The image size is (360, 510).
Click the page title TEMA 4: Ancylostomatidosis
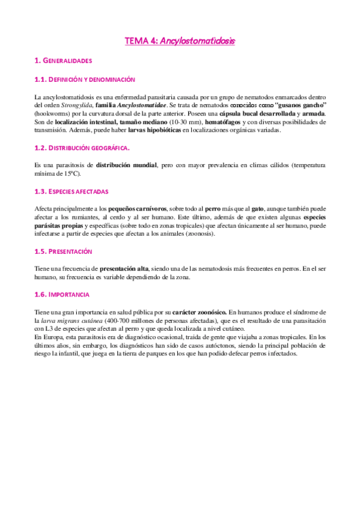[180, 41]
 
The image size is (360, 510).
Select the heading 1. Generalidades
[63, 61]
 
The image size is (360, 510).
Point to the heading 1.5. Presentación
[63, 251]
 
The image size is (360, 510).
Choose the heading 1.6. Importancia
[62, 295]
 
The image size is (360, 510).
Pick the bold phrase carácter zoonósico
[200, 313]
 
